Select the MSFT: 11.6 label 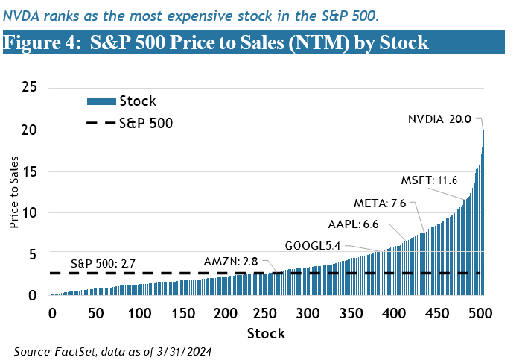coord(430,181)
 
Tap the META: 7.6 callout coord(380,203)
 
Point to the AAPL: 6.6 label coord(354,224)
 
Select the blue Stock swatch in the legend coord(102,101)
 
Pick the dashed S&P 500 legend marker coord(102,122)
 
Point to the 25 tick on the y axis coord(31,88)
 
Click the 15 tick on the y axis coord(31,171)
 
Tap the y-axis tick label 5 coord(34,254)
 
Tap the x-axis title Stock coord(266,332)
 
